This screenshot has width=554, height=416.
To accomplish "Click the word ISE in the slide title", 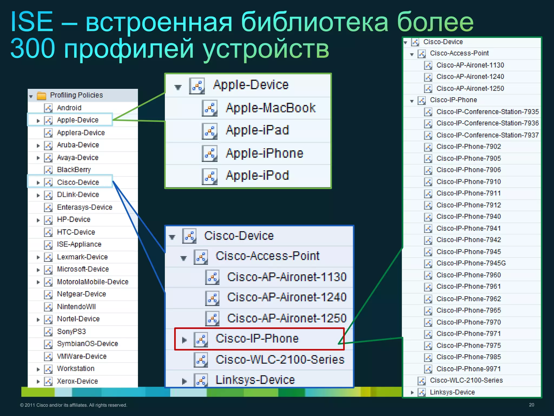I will [32, 22].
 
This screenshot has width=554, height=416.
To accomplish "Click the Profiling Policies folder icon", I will [41, 95].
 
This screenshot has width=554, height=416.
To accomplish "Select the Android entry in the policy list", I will [69, 108].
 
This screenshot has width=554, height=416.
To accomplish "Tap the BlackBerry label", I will [74, 170].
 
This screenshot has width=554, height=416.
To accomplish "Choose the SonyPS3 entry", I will [71, 331].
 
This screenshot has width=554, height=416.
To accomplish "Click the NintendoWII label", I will [76, 307].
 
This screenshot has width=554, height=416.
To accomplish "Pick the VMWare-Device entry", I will [82, 356].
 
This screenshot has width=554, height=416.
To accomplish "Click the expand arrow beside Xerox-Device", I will [38, 382].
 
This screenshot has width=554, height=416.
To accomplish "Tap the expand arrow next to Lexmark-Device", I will [38, 257].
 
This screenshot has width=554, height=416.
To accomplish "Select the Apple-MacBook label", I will [271, 108].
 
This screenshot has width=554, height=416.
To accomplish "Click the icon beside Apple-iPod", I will [209, 176].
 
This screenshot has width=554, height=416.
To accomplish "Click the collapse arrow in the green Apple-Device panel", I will [178, 87].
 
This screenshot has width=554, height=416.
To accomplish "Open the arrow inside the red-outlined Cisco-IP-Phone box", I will [184, 340].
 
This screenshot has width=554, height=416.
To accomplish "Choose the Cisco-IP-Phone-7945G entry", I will [471, 263].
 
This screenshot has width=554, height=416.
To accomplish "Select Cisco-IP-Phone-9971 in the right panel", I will [469, 369].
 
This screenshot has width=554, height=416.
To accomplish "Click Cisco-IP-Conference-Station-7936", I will [487, 123].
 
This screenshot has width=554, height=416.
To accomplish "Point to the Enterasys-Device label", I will [84, 207].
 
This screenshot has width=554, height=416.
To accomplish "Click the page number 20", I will [531, 405].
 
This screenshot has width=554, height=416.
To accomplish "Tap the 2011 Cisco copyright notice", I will [73, 405].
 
